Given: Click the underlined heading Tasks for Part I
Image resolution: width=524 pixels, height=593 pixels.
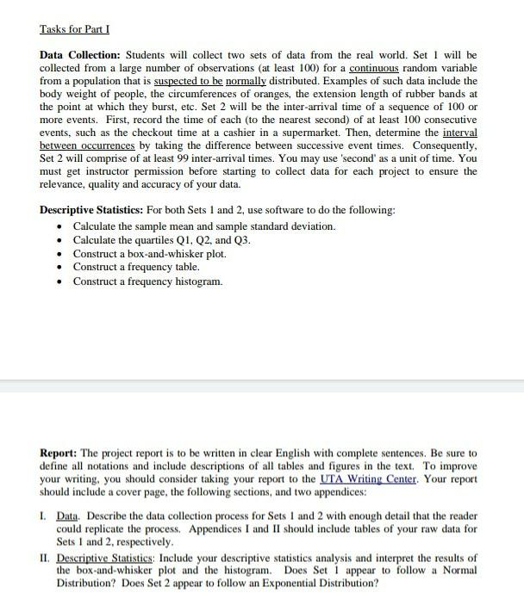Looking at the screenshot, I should pyautogui.click(x=72, y=29).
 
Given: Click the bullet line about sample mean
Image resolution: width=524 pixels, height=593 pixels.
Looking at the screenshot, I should pyautogui.click(x=204, y=226).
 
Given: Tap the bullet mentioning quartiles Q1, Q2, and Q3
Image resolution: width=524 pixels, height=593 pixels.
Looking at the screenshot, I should pyautogui.click(x=163, y=241).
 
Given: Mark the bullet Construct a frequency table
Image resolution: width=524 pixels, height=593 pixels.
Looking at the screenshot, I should pyautogui.click(x=135, y=269).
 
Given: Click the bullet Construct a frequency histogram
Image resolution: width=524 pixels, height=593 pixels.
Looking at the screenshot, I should pyautogui.click(x=147, y=282).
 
